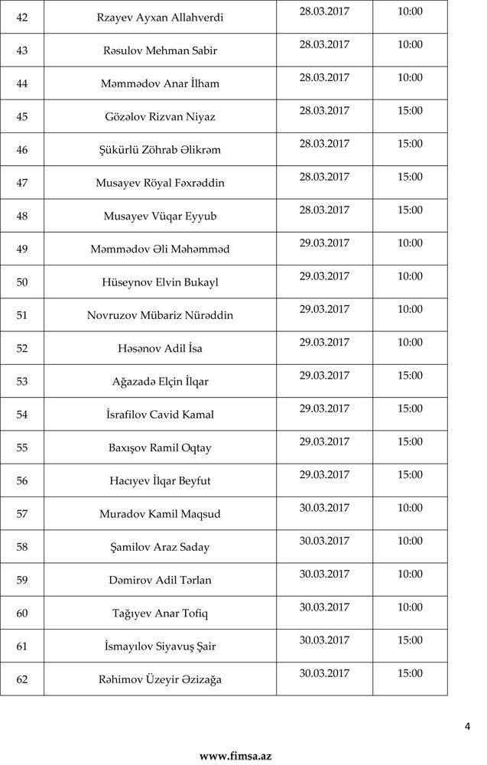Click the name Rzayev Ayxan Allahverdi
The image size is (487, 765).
(x=160, y=18)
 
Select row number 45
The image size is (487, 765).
(x=21, y=116)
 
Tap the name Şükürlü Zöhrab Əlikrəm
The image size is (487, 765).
(x=160, y=150)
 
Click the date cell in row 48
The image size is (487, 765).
(x=324, y=210)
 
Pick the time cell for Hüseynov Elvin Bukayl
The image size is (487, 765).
(x=410, y=276)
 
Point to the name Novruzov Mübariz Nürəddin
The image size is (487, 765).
(x=160, y=315)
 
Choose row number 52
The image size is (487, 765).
(x=21, y=348)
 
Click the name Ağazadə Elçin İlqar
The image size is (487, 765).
(x=160, y=381)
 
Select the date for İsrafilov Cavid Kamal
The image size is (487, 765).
(x=324, y=409)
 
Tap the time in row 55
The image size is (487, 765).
(x=410, y=441)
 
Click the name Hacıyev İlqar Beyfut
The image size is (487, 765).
(x=160, y=480)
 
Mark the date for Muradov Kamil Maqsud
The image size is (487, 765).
(x=324, y=508)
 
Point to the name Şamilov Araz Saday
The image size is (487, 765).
(x=160, y=547)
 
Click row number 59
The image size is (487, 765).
(x=21, y=580)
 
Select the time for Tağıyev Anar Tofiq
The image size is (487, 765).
(x=410, y=607)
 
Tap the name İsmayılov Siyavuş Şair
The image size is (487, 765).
(x=160, y=646)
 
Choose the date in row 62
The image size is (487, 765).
(x=324, y=673)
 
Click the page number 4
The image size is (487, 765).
(x=467, y=727)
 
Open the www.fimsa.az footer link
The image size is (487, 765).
(x=235, y=756)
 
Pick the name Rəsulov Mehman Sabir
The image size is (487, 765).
(x=160, y=50)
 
